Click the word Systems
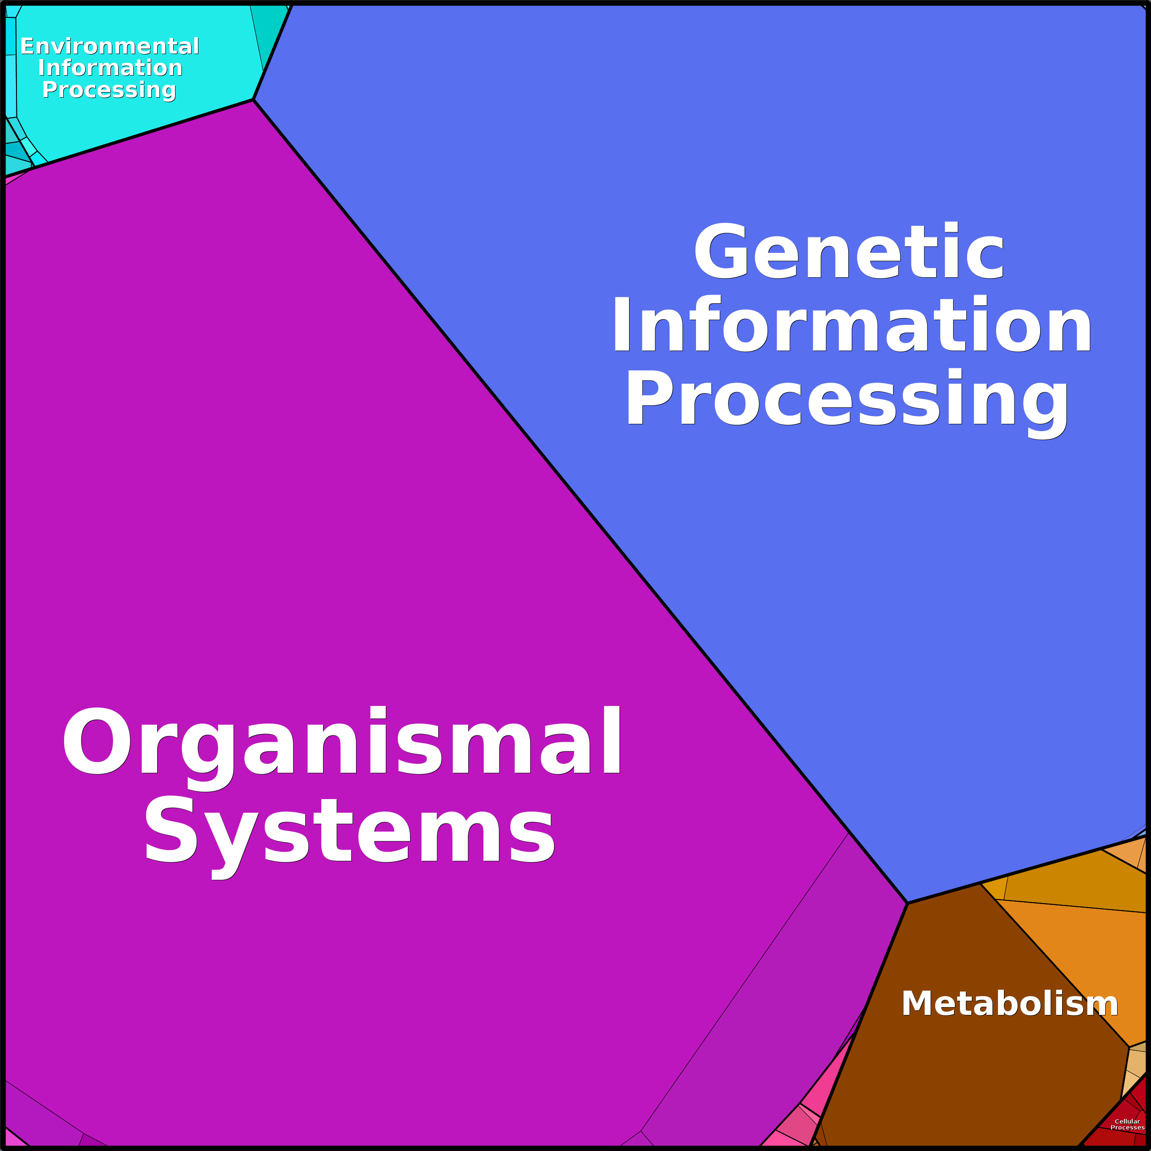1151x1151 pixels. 349,830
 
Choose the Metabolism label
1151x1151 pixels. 1009,1003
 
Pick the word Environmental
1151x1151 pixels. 110,46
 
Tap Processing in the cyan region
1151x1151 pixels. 109,90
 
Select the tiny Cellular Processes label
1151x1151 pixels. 1127,1124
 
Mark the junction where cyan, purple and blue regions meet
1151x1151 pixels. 253,100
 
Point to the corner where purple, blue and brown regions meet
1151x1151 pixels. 907,903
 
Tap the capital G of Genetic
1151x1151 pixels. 720,250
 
